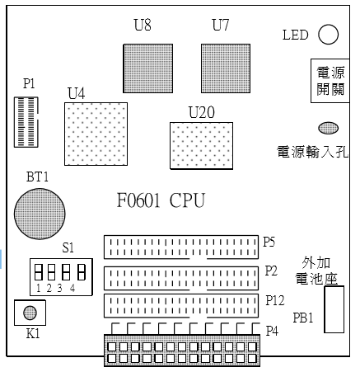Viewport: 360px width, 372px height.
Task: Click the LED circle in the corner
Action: (328, 35)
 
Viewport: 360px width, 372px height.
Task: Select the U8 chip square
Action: (148, 68)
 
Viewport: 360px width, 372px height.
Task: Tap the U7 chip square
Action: (226, 68)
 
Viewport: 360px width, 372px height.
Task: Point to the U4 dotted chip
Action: (96, 134)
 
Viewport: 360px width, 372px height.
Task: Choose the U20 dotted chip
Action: (201, 145)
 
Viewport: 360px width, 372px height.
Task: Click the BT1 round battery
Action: (40, 214)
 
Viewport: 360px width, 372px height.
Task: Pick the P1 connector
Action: (26, 122)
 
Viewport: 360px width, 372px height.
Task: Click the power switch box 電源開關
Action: (330, 81)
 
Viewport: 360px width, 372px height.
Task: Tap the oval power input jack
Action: (328, 128)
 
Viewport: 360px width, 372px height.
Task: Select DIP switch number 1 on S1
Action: (39, 272)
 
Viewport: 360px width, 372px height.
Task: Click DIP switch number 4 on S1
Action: (82, 272)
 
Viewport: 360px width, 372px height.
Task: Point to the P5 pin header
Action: (181, 247)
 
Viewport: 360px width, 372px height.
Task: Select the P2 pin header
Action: (181, 278)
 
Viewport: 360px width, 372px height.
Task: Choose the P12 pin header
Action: (181, 306)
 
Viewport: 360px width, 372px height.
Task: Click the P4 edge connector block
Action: (182, 351)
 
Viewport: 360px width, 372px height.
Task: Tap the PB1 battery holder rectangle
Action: (334, 309)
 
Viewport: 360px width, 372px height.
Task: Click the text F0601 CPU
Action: (161, 200)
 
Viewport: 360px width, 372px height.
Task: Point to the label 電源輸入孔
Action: (312, 152)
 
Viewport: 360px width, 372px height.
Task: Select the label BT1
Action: (37, 177)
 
